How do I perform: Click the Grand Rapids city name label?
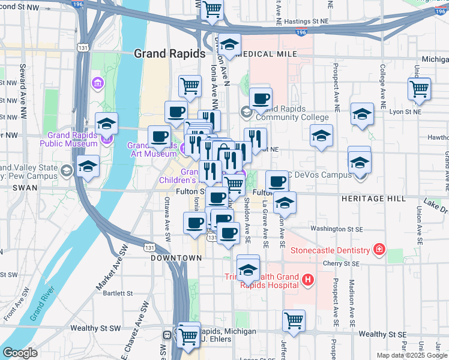click(169, 53)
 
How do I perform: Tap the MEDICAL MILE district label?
click(268, 54)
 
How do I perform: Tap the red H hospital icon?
click(308, 279)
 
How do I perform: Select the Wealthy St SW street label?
click(95, 328)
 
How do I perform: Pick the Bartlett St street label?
click(118, 293)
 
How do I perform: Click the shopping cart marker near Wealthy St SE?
click(294, 321)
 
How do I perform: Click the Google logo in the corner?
click(20, 353)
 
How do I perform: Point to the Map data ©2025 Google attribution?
click(412, 355)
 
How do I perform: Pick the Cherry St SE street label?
click(339, 263)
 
